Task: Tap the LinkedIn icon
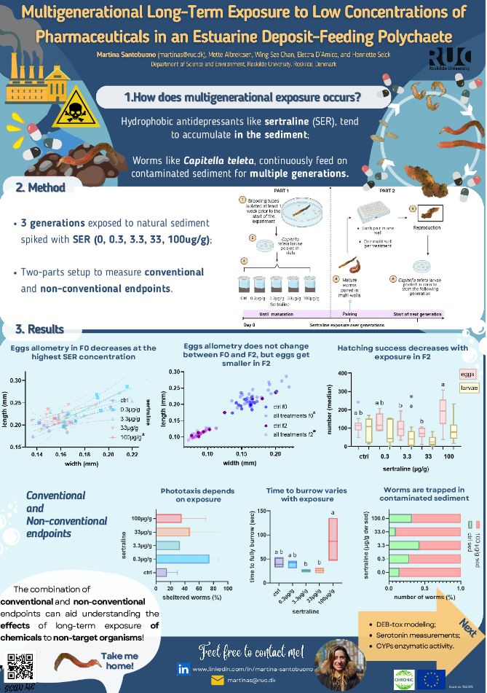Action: [x=185, y=667]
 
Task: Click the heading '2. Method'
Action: [x=41, y=188]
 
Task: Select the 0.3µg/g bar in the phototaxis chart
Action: [x=183, y=558]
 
